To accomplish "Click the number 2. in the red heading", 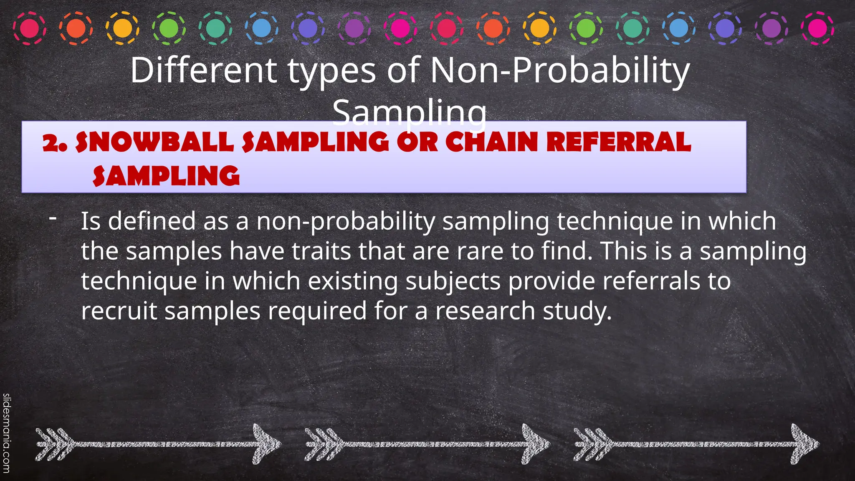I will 55,143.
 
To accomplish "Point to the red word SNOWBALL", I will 154,142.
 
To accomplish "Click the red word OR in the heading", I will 417,142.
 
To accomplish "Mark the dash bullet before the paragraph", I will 53,218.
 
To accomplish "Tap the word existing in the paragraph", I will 353,281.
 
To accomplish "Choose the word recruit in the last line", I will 119,311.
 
